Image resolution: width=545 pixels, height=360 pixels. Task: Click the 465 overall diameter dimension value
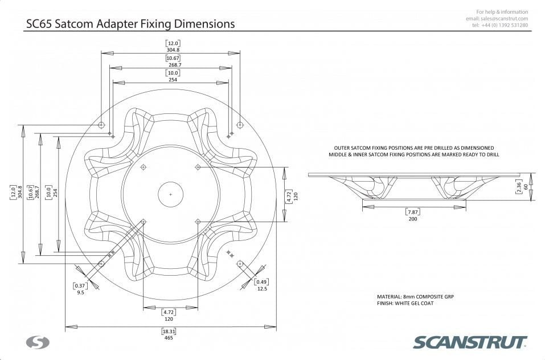coord(169,338)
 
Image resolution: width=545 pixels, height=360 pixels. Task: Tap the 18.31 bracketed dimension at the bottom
coord(169,331)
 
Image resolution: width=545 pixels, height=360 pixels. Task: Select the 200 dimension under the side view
coord(412,219)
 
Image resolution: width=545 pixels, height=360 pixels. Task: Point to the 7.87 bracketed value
coord(412,212)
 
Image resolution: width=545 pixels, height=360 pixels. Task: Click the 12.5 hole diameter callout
coord(262,289)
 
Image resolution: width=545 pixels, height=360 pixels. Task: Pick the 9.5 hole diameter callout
coord(80,293)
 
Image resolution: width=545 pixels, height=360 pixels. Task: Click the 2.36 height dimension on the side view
coord(519,187)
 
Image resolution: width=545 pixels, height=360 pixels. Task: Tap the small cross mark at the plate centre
coord(170,195)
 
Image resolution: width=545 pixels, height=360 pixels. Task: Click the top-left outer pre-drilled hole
coord(101,125)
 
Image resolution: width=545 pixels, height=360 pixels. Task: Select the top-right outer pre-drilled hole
coord(240,125)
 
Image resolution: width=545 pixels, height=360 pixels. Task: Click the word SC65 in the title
coord(39,23)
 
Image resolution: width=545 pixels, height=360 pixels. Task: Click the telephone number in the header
coord(505,26)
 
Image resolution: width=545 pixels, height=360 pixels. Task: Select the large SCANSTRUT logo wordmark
coord(470,342)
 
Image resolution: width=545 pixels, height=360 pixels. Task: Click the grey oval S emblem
coord(38,342)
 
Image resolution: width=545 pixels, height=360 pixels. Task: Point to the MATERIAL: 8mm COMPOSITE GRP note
coord(415,297)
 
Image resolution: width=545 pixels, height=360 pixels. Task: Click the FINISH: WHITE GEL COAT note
coord(405,304)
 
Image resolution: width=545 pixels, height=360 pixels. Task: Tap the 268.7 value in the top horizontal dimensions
coord(175,65)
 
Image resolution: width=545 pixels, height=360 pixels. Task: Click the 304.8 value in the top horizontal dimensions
coord(173,50)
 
